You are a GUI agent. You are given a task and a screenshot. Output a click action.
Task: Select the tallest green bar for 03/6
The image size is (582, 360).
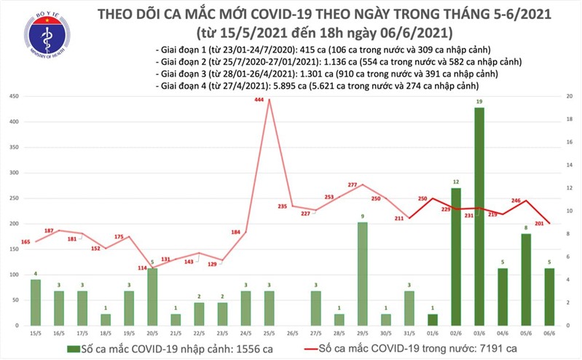coord(480,211)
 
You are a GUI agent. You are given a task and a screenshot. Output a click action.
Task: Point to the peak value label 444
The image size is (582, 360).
coord(259,99)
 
